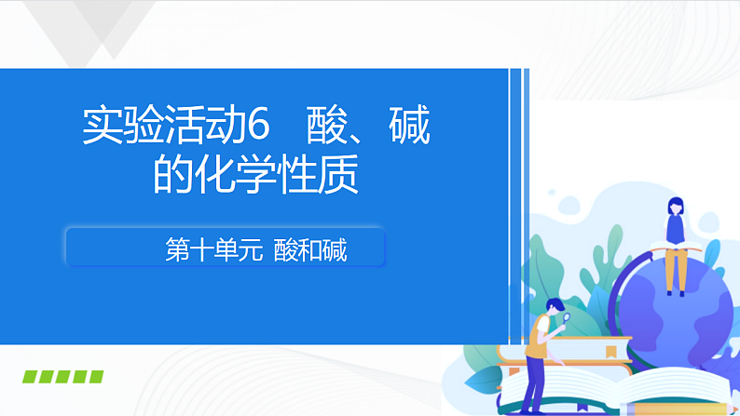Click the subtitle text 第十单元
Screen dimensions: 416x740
212,249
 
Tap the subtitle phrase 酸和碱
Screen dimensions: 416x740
310,249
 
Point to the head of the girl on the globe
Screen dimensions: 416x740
674,206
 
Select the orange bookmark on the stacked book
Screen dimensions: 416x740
610,352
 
